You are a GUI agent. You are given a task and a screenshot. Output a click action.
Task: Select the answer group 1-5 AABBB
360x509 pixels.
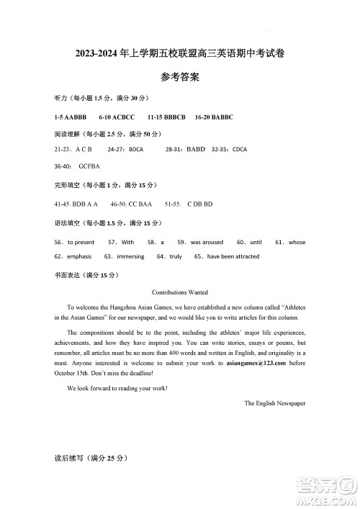pos(71,116)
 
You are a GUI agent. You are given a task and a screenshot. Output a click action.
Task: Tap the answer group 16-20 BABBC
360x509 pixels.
pos(214,116)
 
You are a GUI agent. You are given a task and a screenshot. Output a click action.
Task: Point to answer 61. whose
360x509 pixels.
pos(290,243)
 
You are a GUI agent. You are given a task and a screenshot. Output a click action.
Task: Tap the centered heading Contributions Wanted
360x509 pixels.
pos(180,292)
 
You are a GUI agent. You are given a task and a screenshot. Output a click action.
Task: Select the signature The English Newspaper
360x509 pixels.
pos(274,404)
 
